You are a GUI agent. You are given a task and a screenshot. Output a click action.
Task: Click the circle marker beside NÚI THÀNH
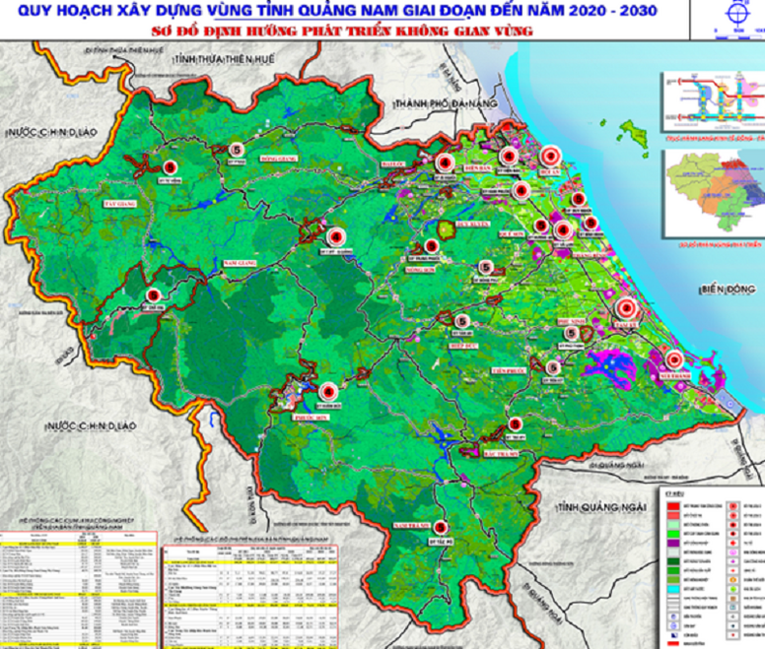[675, 359]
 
